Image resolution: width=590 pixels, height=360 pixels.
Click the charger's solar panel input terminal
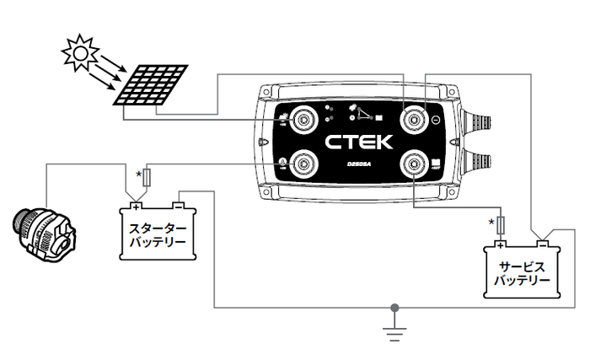coord(301,120)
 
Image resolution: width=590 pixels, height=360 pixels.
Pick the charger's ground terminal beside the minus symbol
coord(413,120)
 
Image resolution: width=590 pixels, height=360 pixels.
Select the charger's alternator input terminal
coord(301,163)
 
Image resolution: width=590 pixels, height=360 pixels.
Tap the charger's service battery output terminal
coord(413,163)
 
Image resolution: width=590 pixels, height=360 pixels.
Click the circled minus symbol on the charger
coord(435,120)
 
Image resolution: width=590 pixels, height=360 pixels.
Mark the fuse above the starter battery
coord(148,178)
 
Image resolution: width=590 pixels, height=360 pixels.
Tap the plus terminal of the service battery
coord(500,245)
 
